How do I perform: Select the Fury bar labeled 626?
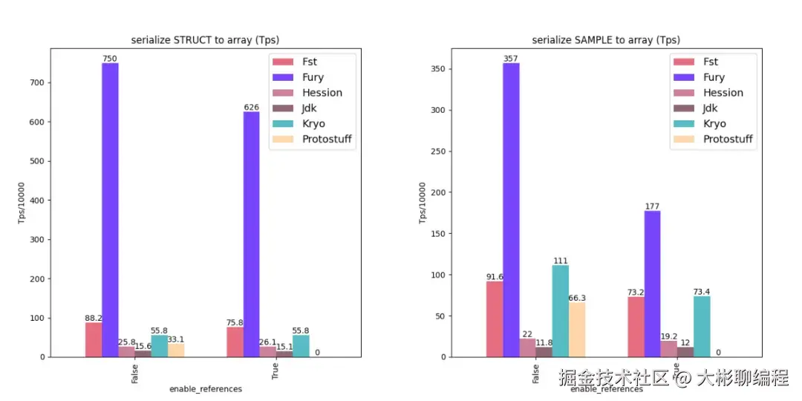(251, 234)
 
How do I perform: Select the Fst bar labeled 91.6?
(495, 319)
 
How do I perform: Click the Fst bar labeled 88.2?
(94, 339)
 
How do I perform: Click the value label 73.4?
(701, 292)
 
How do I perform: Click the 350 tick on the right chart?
(438, 69)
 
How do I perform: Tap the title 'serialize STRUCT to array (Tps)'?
(205, 40)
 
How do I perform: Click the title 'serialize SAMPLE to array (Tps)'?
(606, 40)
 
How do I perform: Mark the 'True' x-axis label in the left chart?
(276, 372)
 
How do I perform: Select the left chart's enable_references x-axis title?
(206, 388)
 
